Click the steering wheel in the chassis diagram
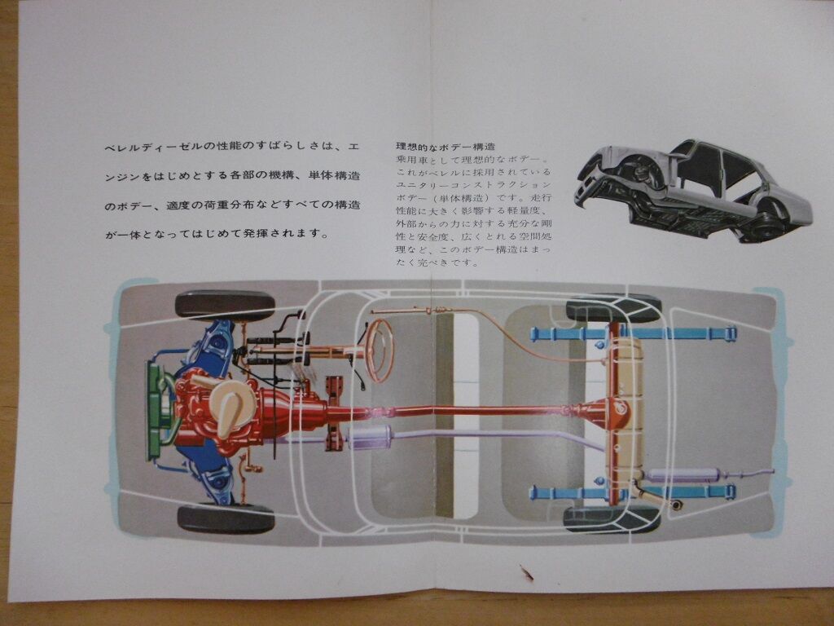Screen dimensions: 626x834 pos(379,350)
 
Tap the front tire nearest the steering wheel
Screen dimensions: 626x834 pos(225,305)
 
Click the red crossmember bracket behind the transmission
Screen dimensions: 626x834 pos(334,412)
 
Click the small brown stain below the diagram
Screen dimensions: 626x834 pos(527,572)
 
